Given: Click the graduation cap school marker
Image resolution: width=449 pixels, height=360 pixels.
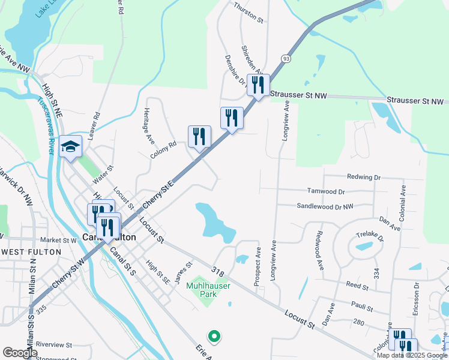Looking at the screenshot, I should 71,146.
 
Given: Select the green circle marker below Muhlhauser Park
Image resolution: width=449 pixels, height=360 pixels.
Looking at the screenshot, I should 212,336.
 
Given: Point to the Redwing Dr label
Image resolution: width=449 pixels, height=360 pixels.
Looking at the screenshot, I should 364,178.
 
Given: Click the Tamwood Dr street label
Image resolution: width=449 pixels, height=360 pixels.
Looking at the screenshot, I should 326,192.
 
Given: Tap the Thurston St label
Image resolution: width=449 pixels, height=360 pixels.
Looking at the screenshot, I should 249,19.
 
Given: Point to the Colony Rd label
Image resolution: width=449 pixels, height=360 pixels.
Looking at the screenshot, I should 163,149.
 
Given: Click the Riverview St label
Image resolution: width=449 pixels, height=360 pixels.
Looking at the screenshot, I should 54,345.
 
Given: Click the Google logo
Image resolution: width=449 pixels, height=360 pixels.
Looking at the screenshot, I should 20,353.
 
